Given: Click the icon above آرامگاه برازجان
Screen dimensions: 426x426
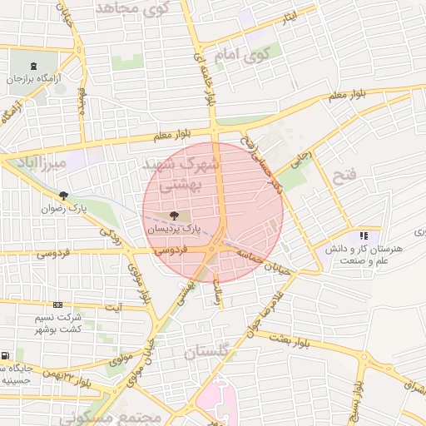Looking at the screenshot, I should pos(32,67).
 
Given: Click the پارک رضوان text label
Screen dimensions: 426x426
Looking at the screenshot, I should pos(65,207).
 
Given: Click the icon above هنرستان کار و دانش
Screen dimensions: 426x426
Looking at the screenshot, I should pos(364,236).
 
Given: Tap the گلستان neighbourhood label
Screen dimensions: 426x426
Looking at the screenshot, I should pos(205,353).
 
